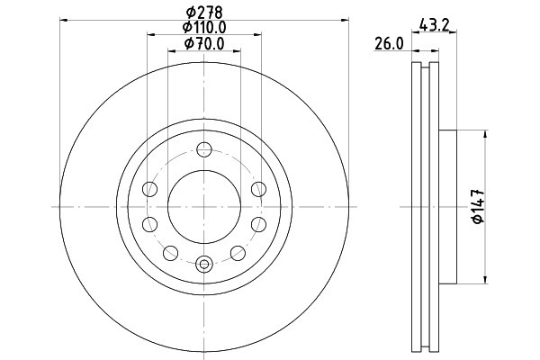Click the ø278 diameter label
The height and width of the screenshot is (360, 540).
coord(204,13)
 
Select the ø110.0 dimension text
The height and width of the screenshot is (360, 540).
coord(204,26)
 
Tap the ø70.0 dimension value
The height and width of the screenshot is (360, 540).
coord(204,43)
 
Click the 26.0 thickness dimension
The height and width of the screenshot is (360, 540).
coord(389,44)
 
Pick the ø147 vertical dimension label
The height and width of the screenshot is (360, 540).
coord(479,206)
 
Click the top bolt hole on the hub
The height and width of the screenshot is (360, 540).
coord(204,149)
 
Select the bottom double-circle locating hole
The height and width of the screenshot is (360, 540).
coord(204,265)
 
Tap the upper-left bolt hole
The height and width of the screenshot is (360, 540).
coord(149,189)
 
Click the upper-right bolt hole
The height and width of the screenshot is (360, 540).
coord(258,189)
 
